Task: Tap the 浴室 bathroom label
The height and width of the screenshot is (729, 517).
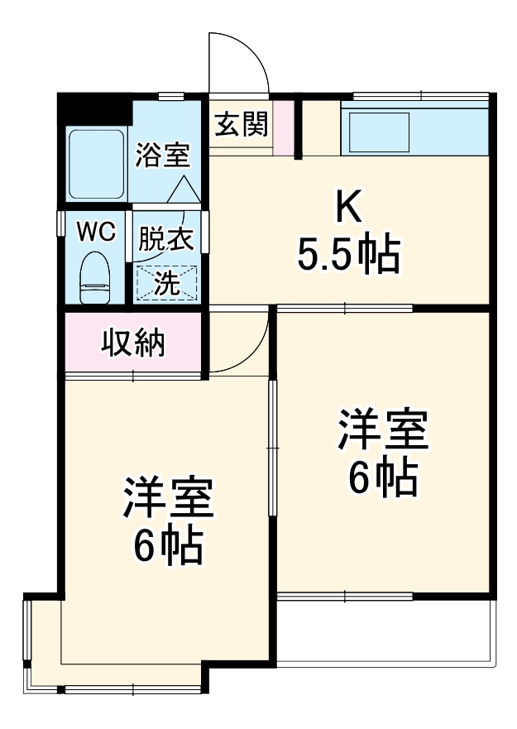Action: pyautogui.click(x=163, y=155)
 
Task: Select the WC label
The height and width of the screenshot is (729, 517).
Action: pyautogui.click(x=95, y=231)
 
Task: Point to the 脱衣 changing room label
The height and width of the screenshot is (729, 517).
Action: pyautogui.click(x=165, y=239)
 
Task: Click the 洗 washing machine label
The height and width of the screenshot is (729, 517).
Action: pyautogui.click(x=167, y=283)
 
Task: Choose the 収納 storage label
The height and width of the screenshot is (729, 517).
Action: pyautogui.click(x=133, y=342)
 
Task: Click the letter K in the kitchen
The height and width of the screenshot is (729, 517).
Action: pyautogui.click(x=348, y=207)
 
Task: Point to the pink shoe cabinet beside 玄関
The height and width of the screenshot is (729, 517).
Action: pyautogui.click(x=284, y=127)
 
